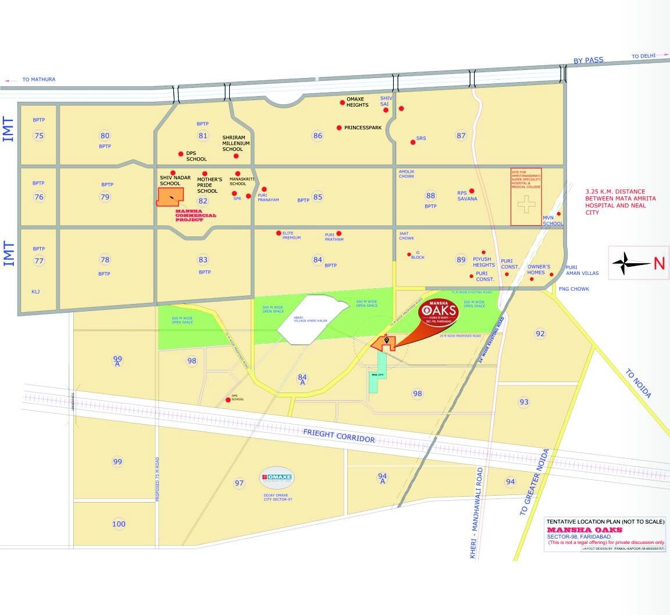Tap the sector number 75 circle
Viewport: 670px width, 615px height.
click(x=39, y=136)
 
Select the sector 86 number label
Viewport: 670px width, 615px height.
click(x=318, y=136)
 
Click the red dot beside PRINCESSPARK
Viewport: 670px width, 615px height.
click(x=339, y=128)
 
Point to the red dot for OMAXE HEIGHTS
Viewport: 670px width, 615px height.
click(x=343, y=102)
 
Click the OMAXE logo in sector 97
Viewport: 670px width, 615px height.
click(x=276, y=478)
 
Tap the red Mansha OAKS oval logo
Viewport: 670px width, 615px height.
click(x=439, y=312)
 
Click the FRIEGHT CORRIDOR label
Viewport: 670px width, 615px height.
click(x=338, y=435)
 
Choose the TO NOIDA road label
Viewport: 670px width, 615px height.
click(x=639, y=383)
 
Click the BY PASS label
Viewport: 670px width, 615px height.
click(x=589, y=60)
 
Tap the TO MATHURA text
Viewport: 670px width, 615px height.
click(x=38, y=79)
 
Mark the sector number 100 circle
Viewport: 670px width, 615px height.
click(x=119, y=524)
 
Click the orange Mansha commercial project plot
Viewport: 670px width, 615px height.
click(x=170, y=196)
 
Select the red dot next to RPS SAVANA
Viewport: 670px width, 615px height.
click(x=472, y=190)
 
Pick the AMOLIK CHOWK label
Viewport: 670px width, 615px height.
click(x=407, y=174)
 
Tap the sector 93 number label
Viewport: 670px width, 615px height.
click(x=524, y=402)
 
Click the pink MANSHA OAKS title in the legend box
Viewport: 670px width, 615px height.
click(x=585, y=530)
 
